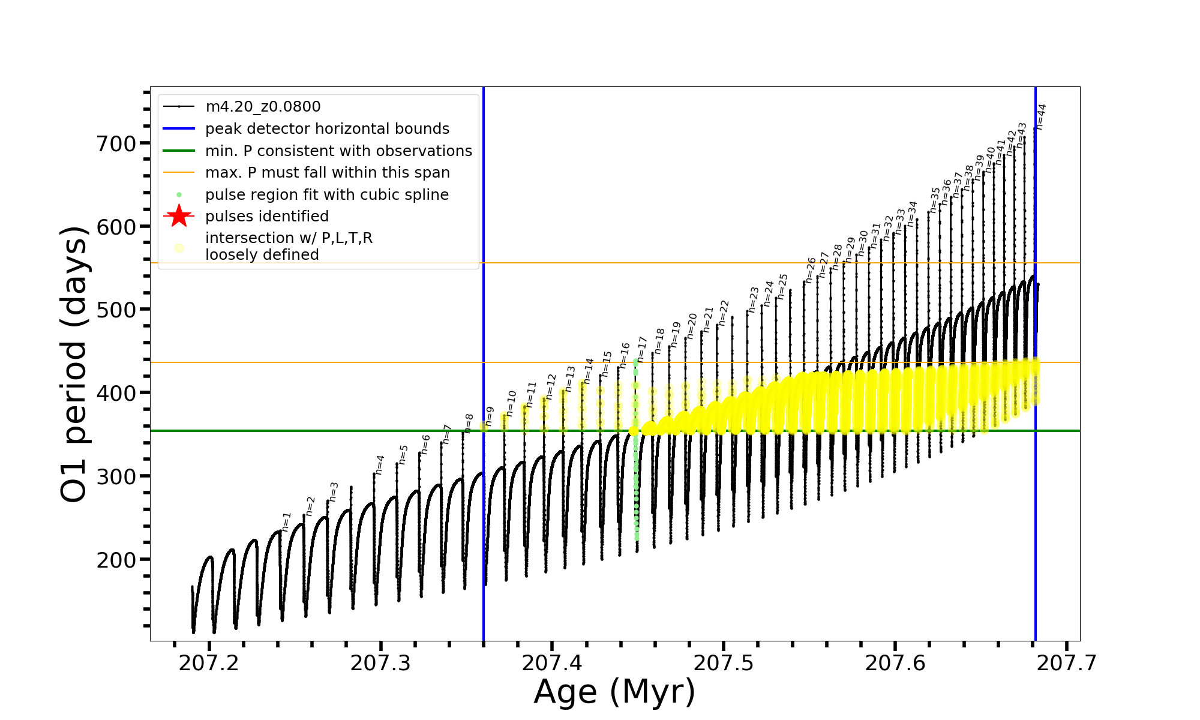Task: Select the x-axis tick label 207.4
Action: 552,663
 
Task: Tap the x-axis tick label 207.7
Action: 1067,663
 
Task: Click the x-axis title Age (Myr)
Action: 614,692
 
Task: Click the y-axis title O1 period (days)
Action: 74,364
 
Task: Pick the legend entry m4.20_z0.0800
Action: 263,107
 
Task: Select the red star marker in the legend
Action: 179,217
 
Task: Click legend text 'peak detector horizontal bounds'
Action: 327,129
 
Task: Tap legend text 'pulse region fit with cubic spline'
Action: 327,195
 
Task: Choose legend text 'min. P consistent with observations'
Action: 338,151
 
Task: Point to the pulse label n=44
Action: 1041,116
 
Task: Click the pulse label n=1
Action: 286,522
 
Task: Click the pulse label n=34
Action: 912,214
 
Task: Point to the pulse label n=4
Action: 380,465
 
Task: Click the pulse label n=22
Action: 724,313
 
